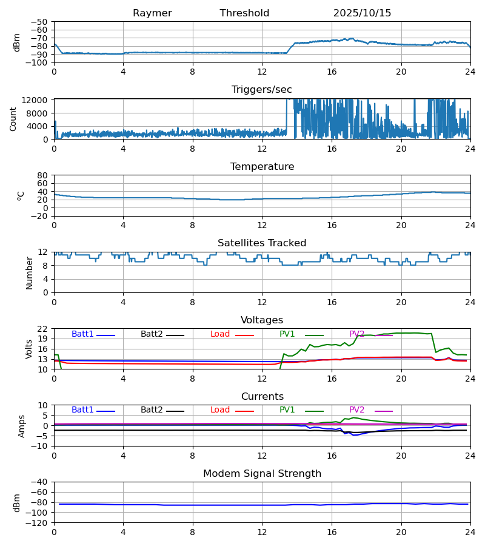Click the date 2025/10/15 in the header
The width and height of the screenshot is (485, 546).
[x=362, y=13]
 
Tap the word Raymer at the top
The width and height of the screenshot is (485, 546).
[x=152, y=13]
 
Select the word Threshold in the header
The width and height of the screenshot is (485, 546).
[x=244, y=13]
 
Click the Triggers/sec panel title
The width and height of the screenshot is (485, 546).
[x=262, y=90]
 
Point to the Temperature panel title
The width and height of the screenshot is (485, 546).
[x=262, y=167]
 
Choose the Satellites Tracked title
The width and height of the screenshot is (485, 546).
[x=262, y=243]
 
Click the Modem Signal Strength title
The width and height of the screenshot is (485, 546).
[x=262, y=474]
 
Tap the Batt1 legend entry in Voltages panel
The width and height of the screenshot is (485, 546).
[x=82, y=334]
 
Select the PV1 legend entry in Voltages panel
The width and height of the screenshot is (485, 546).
[x=287, y=334]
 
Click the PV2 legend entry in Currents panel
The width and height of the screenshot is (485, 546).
[x=357, y=410]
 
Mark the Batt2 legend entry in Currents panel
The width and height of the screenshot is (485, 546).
[x=152, y=410]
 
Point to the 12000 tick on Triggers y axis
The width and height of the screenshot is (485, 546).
[x=37, y=100]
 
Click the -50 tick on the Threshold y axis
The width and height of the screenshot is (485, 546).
[x=39, y=22]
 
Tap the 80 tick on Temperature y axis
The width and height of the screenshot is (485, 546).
[x=42, y=175]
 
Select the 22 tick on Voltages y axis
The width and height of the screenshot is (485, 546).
[x=42, y=329]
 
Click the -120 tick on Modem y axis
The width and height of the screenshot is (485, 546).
[x=37, y=523]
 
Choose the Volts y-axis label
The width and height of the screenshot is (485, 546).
[x=29, y=349]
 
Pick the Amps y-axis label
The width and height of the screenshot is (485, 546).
[x=22, y=426]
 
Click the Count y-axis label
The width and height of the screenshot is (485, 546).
[x=13, y=119]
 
